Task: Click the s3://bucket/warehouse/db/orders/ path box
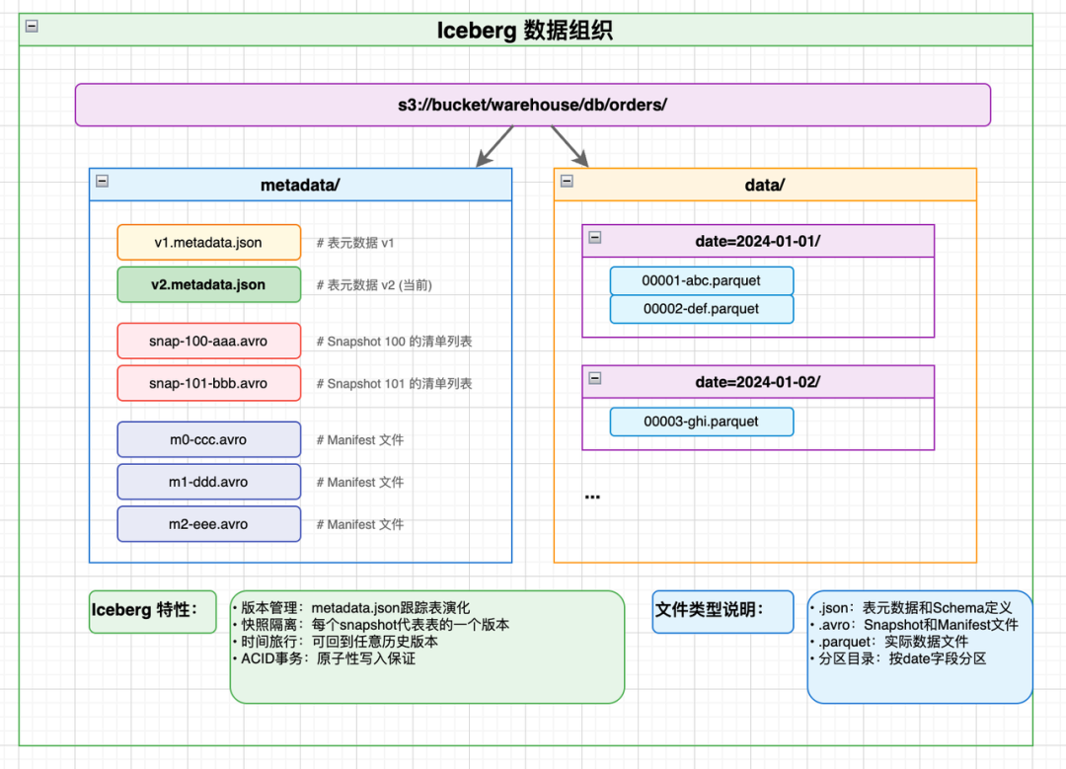[x=532, y=105]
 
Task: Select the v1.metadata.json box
[x=208, y=243]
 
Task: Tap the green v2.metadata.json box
[x=208, y=284]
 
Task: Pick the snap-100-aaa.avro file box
[x=208, y=341]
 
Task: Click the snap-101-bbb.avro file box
[x=208, y=383]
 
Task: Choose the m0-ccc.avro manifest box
[x=208, y=439]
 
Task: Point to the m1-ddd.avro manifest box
[x=208, y=482]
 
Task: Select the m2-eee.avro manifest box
[x=208, y=524]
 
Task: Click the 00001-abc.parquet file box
[x=701, y=280]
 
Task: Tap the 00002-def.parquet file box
[x=701, y=309]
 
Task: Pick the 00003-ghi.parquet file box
[x=701, y=422]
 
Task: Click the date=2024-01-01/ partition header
[x=757, y=241]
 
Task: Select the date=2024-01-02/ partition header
[x=757, y=382]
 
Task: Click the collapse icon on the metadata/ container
[x=102, y=181]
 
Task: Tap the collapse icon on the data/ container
[x=567, y=181]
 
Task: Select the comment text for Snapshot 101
[x=393, y=383]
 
